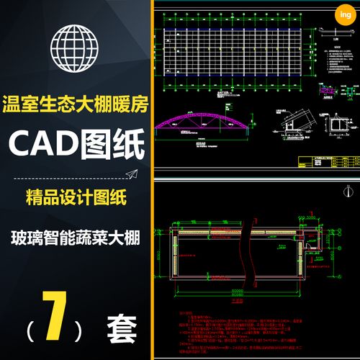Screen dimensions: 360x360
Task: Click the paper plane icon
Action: (x=132, y=174)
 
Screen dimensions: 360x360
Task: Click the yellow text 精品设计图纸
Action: (x=75, y=196)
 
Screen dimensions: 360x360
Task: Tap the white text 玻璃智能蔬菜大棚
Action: (x=76, y=237)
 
